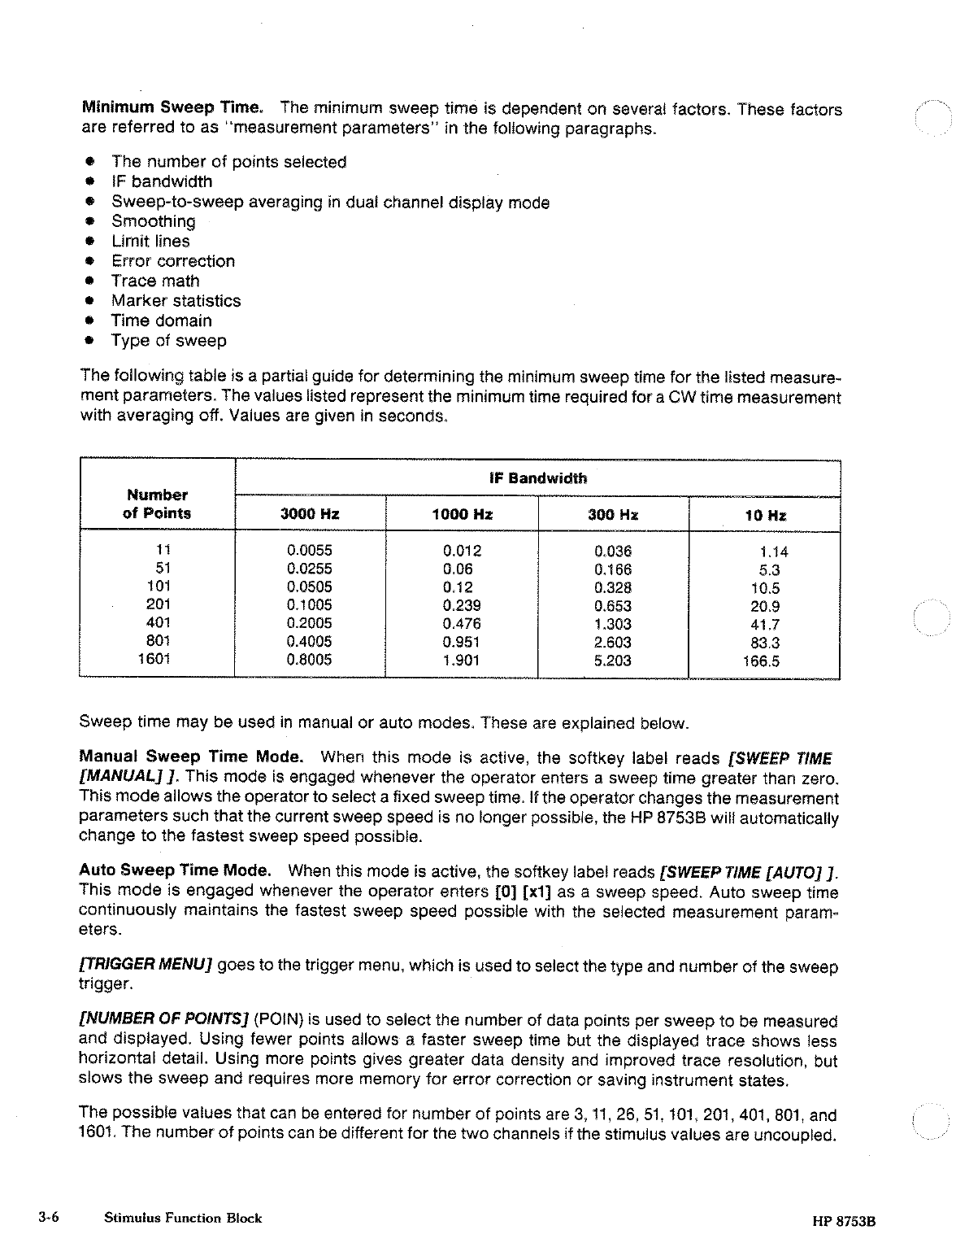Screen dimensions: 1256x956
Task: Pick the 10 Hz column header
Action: pos(765,515)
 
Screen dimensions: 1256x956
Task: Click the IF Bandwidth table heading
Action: pos(537,478)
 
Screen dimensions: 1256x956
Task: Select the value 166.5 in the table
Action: pos(761,661)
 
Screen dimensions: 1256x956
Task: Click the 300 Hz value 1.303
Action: pos(613,624)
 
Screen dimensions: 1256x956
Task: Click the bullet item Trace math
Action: pos(155,281)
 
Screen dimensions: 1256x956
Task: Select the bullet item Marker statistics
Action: pos(176,301)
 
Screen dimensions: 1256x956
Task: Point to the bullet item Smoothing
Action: pos(153,221)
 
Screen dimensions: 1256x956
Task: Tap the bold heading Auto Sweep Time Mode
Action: pos(175,870)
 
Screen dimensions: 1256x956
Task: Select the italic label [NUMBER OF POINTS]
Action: pos(165,1021)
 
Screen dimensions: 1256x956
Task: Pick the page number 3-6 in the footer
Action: pos(50,1218)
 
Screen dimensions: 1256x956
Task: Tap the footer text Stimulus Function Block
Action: pos(183,1218)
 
